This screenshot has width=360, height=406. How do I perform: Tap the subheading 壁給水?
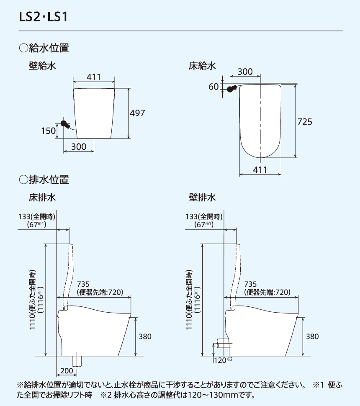(42, 66)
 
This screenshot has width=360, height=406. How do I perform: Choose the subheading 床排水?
(42, 197)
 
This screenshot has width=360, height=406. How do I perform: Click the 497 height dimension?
(137, 113)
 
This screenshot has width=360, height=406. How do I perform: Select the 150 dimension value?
(48, 131)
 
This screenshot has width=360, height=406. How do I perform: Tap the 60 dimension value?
(213, 87)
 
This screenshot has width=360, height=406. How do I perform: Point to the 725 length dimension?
(305, 122)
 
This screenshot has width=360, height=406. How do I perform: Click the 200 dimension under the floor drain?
(66, 371)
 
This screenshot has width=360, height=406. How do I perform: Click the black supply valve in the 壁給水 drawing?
(65, 124)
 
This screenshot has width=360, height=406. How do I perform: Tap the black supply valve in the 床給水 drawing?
(231, 89)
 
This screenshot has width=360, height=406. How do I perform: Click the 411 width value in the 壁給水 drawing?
(94, 77)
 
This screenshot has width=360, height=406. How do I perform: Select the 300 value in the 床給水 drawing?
(245, 72)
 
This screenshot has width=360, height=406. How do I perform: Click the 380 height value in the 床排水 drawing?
(144, 337)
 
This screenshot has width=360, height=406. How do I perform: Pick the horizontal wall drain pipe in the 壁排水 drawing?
(224, 345)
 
